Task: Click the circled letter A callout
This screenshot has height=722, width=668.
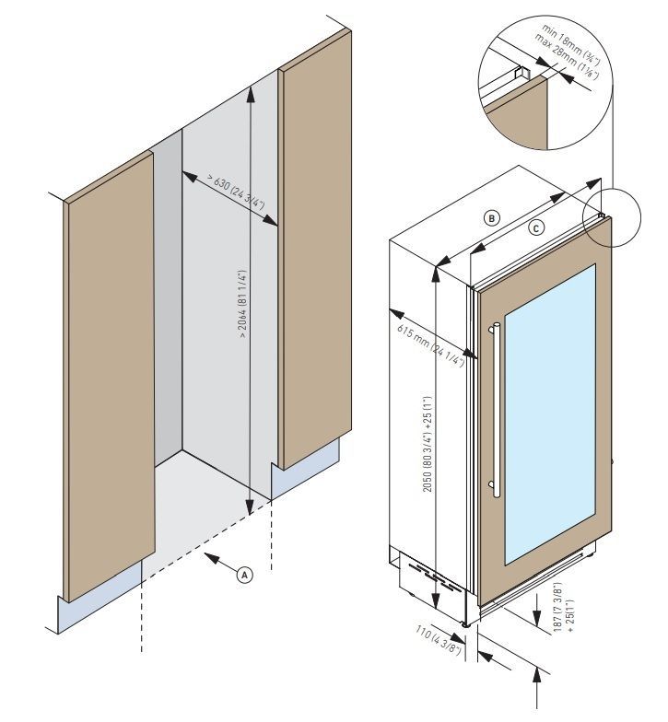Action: pyautogui.click(x=244, y=574)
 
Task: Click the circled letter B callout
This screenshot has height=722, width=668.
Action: pyautogui.click(x=493, y=218)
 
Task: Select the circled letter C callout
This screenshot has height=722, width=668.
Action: pyautogui.click(x=536, y=227)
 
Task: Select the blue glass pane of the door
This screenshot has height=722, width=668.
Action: pyautogui.click(x=549, y=405)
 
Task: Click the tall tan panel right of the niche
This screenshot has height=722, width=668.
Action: pyautogui.click(x=313, y=258)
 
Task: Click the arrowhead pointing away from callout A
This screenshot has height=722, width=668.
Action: pyautogui.click(x=209, y=556)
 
